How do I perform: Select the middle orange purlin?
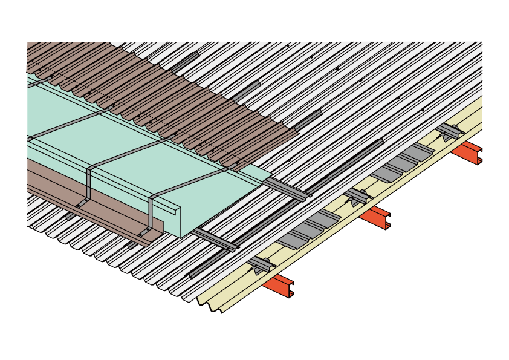click(372, 218)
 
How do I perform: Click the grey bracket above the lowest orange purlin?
click(261, 264)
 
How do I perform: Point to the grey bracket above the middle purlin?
click(357, 196)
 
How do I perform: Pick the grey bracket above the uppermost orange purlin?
click(450, 131)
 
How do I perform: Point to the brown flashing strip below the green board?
click(91, 194)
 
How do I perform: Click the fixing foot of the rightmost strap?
click(146, 232)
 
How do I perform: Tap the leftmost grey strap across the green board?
click(66, 124)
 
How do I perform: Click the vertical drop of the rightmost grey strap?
click(151, 212)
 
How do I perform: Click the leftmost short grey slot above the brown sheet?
click(185, 62)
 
